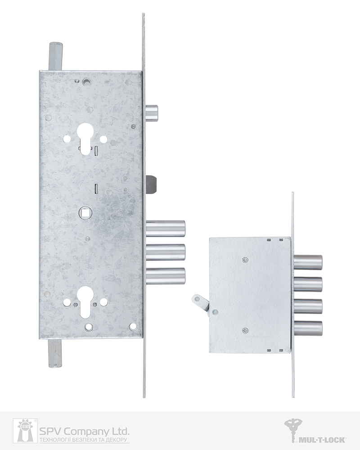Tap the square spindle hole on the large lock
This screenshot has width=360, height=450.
[85, 213]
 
